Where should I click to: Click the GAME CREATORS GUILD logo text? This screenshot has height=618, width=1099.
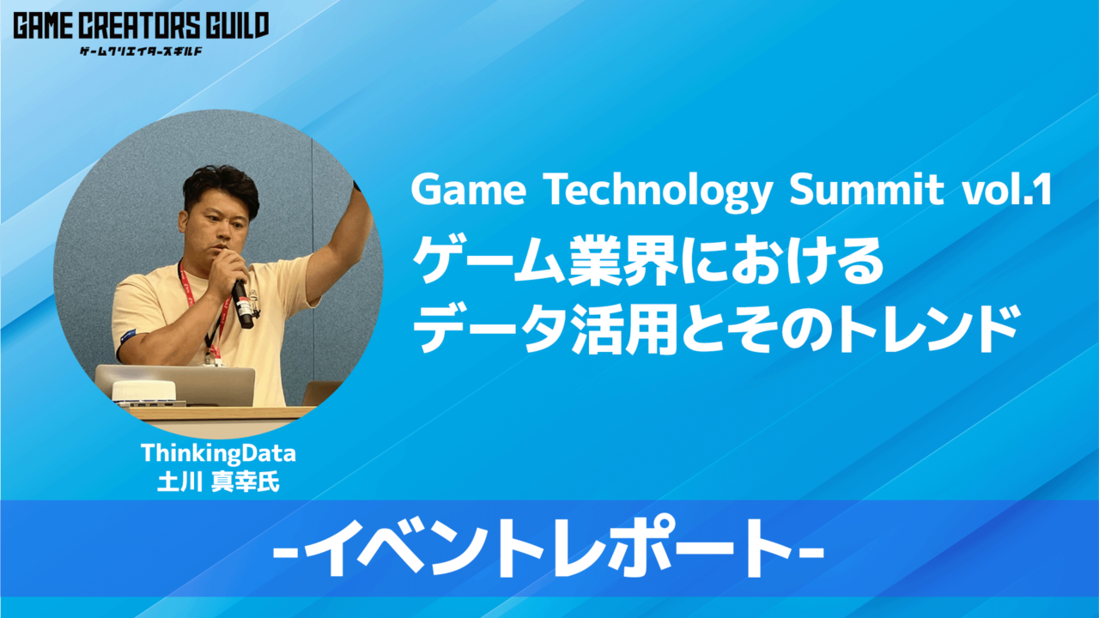(x=140, y=26)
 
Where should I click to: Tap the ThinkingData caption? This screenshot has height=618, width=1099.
(x=218, y=452)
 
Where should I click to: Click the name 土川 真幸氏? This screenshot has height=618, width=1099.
(x=218, y=482)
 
